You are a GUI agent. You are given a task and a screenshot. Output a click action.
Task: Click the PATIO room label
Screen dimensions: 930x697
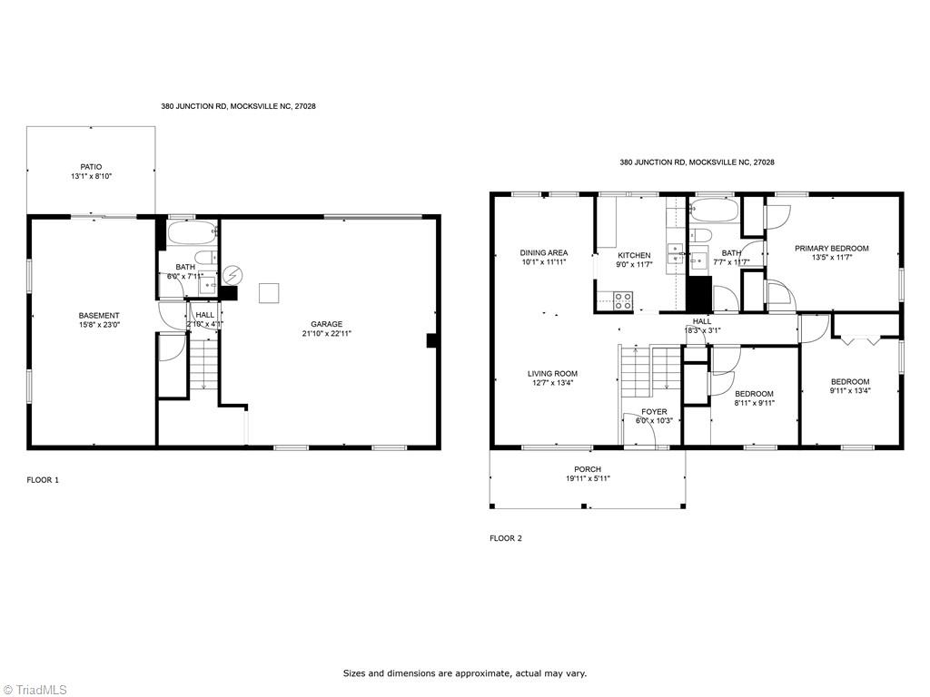click(92, 167)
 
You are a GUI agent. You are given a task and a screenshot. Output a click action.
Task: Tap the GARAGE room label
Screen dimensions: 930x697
click(327, 324)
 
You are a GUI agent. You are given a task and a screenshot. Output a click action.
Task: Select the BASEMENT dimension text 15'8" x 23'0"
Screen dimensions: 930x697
click(99, 325)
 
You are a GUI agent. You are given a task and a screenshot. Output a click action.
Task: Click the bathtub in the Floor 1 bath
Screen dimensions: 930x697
click(192, 233)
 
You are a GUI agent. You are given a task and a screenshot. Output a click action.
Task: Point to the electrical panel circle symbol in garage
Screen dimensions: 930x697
click(232, 275)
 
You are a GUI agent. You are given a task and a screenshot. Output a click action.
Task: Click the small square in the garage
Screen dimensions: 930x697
click(269, 293)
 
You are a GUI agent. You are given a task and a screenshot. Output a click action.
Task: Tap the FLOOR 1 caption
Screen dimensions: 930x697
click(43, 480)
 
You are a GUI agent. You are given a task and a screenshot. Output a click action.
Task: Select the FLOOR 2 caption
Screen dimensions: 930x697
click(506, 538)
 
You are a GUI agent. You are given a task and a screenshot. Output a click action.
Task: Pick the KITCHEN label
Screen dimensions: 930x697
click(634, 255)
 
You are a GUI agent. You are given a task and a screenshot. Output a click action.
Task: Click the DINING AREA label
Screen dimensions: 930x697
click(544, 252)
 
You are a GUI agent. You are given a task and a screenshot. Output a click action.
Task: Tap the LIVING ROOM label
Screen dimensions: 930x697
click(553, 373)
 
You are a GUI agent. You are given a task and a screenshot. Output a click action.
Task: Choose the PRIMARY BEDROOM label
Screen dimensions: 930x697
click(832, 249)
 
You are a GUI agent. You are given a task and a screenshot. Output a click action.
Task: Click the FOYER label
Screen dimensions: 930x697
click(654, 411)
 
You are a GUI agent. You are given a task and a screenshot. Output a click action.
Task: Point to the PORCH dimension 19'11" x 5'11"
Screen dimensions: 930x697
click(588, 479)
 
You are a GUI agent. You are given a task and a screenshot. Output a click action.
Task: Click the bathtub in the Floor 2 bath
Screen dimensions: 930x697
click(715, 211)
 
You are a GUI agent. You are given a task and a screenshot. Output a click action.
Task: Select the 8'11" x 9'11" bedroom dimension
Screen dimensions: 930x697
click(755, 403)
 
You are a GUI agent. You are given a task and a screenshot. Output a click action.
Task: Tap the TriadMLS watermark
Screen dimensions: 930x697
click(35, 690)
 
